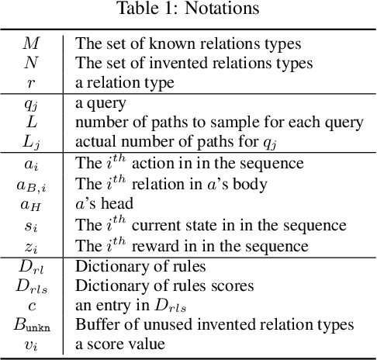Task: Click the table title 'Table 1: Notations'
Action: (188, 10)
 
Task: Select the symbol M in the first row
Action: (32, 43)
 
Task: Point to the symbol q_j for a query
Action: (32, 101)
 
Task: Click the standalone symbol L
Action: (32, 120)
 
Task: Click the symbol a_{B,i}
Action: (32, 183)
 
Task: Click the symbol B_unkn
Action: (32, 324)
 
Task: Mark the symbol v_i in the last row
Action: (32, 344)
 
